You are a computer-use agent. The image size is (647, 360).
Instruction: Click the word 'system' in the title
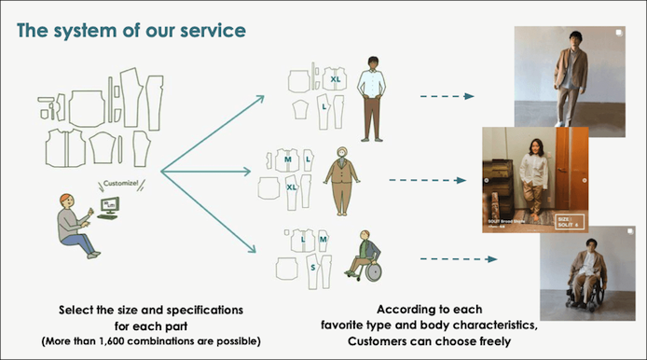click(x=95, y=30)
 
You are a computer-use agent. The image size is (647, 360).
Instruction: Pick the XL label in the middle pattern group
click(x=292, y=186)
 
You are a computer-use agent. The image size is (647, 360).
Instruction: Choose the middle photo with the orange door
click(x=533, y=178)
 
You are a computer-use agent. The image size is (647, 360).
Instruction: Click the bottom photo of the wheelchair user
click(x=587, y=273)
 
